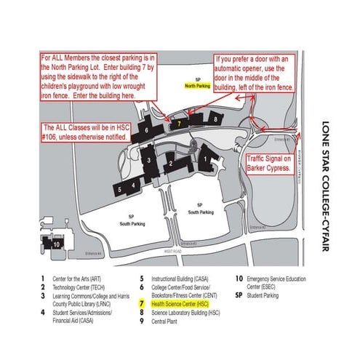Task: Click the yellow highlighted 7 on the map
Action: (179, 124)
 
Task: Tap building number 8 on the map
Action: (215, 118)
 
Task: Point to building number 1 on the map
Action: (206, 156)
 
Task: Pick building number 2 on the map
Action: (169, 164)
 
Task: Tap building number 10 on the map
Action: (56, 244)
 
